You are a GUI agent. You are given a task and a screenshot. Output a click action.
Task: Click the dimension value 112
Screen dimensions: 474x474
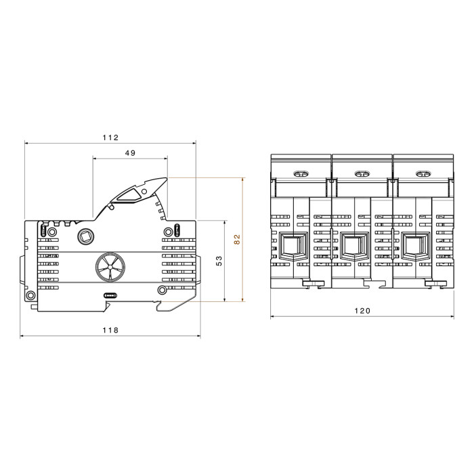click(110, 137)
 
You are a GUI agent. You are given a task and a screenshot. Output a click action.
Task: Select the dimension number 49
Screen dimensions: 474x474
click(130, 153)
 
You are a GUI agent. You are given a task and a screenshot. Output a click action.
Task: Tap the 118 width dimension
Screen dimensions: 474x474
click(110, 330)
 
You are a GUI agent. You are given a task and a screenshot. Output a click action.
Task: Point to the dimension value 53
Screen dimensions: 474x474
click(219, 261)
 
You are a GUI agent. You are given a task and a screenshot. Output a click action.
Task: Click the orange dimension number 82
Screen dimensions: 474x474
click(237, 239)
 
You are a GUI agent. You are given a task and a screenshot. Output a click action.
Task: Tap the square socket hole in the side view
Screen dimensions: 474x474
click(86, 236)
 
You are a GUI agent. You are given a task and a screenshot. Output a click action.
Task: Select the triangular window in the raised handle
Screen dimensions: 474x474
click(129, 195)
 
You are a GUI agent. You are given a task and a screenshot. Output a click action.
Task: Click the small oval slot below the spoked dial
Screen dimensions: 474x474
click(110, 295)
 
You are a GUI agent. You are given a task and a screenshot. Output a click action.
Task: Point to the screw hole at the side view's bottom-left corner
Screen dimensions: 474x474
click(30, 295)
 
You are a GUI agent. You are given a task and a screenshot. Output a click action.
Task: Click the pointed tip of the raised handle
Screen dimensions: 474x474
click(166, 177)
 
